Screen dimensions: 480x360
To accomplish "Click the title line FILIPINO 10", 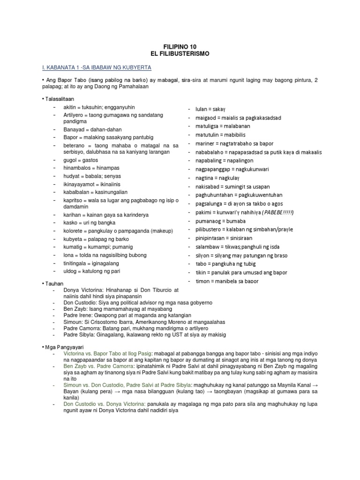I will [x=180, y=47].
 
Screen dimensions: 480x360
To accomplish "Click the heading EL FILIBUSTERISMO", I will [x=180, y=54].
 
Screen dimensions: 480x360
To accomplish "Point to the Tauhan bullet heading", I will [x=53, y=284].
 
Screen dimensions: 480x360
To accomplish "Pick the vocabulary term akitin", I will [x=71, y=108].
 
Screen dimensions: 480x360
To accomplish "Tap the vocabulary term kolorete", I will [x=74, y=231].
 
